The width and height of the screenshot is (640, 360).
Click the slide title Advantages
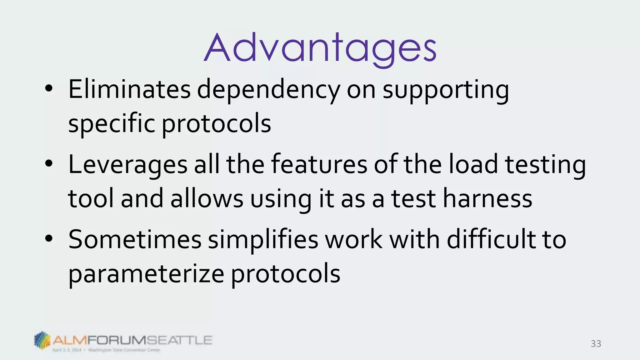coord(320,48)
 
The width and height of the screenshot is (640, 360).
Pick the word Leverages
coord(127,165)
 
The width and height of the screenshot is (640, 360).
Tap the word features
coord(319,165)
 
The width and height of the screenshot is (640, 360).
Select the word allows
coord(207,199)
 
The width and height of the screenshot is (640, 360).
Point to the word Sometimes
coord(135,240)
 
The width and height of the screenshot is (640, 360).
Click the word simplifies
coord(263,240)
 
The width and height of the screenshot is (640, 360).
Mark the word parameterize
coord(146,274)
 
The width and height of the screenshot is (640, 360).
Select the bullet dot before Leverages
coord(49,164)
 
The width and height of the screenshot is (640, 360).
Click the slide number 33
coord(596,344)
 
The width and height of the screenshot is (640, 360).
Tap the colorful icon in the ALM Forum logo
coord(42,340)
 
